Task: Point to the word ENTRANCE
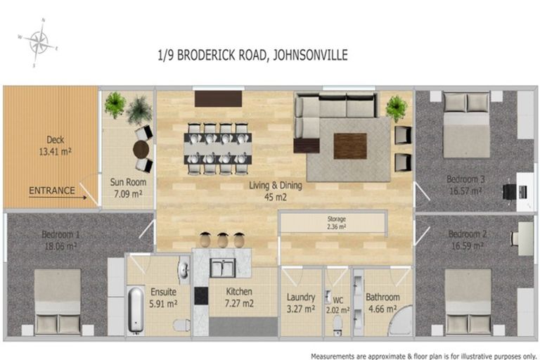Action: [51, 191]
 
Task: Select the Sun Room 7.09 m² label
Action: [127, 188]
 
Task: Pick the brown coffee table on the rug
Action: [349, 146]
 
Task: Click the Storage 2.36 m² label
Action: [332, 223]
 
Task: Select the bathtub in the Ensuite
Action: [136, 309]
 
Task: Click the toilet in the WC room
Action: [337, 324]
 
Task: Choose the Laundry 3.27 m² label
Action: [301, 303]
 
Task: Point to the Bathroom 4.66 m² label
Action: [382, 302]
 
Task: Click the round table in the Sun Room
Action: [141, 149]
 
